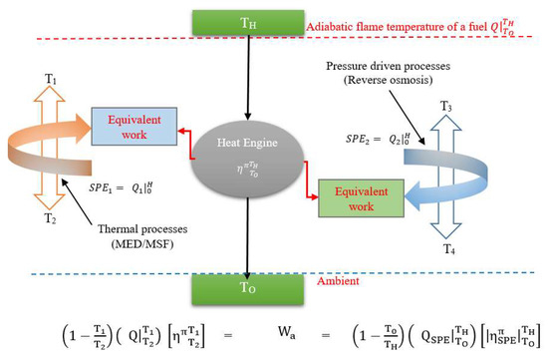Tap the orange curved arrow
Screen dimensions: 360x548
[60, 150]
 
